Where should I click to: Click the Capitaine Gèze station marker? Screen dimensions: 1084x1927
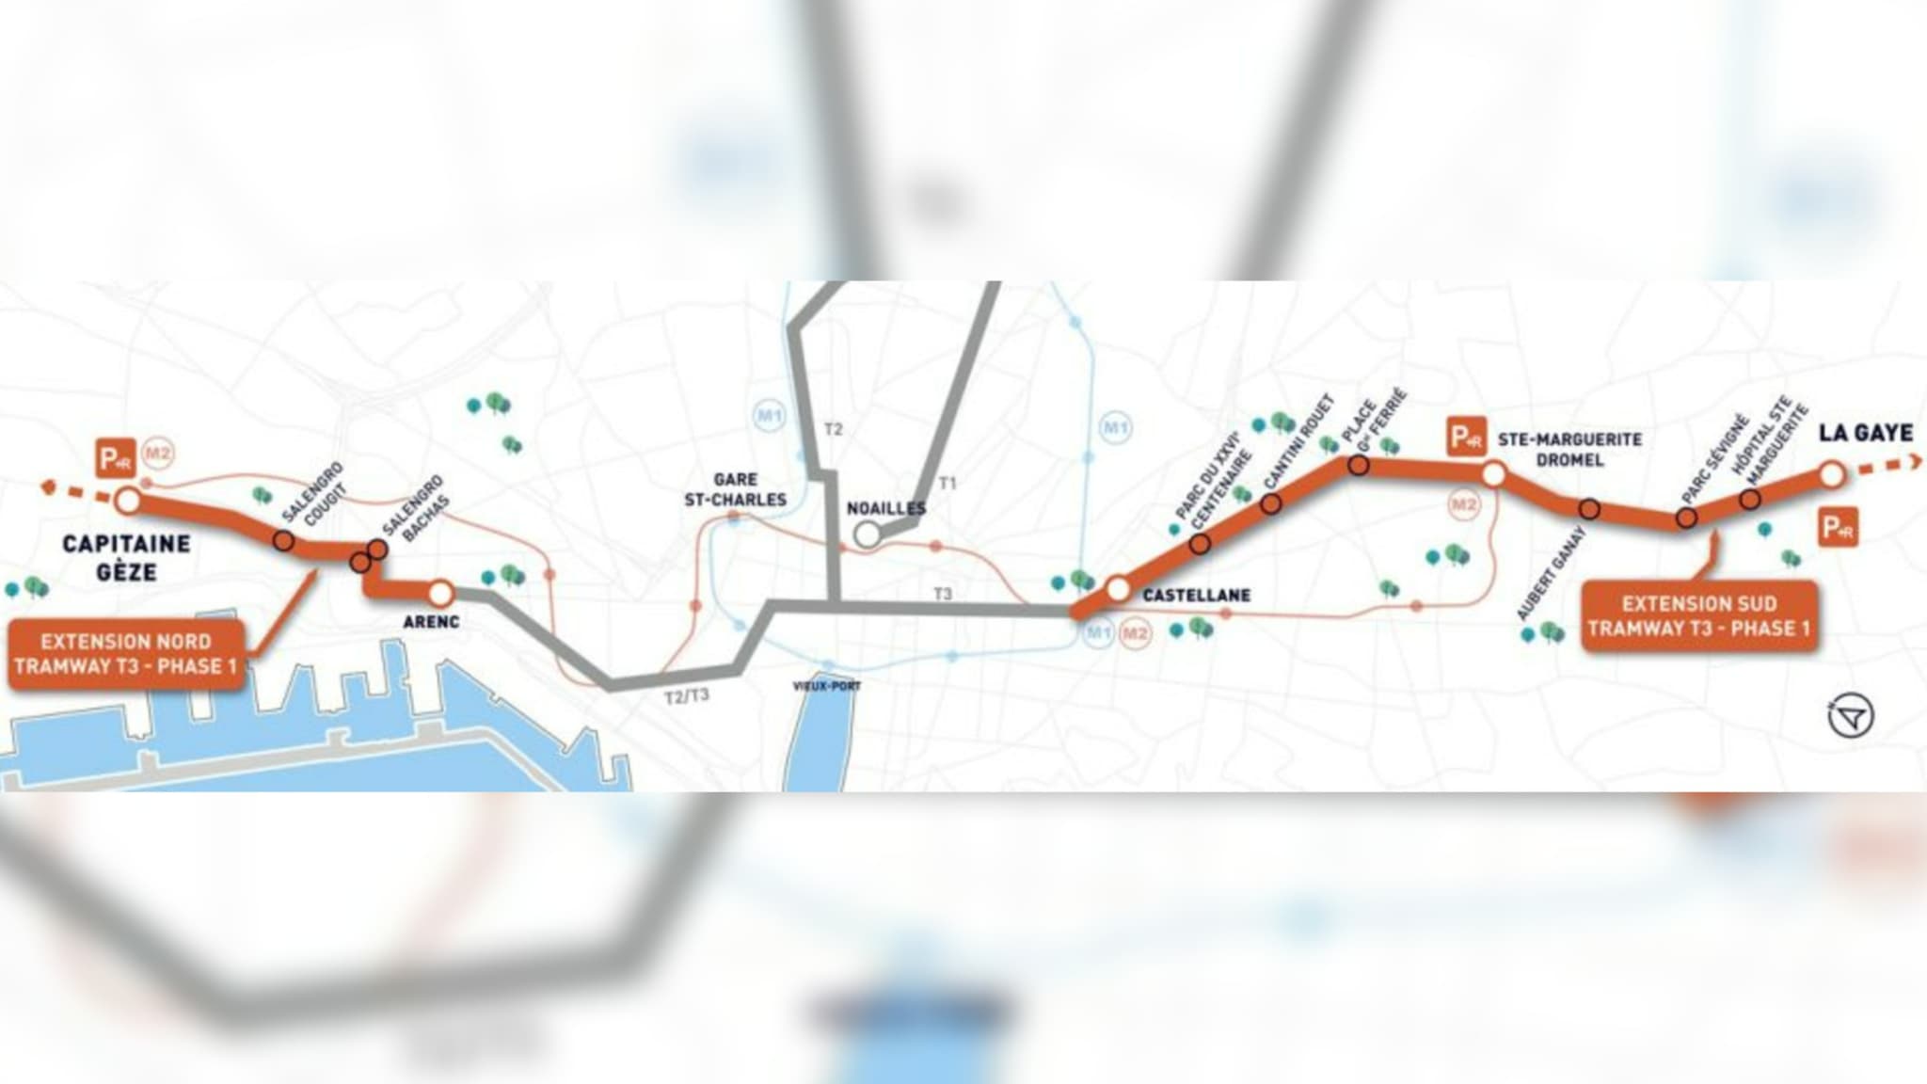coord(128,500)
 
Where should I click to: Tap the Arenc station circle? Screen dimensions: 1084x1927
coord(440,594)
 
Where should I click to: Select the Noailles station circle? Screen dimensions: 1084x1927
coord(867,534)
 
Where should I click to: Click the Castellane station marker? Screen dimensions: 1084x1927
coord(1118,589)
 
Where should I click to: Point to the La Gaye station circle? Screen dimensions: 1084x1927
coord(1831,474)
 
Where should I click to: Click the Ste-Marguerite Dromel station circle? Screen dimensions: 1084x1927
coord(1493,474)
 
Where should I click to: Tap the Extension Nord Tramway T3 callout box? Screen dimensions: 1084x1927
coord(125,654)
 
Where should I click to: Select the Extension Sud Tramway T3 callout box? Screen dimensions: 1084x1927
coord(1699,616)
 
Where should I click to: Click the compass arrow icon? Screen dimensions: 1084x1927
coord(1851,717)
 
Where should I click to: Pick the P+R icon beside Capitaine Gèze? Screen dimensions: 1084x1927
coord(116,458)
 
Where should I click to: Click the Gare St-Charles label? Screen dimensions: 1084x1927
coord(735,489)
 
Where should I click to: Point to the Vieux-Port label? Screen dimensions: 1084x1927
coord(826,686)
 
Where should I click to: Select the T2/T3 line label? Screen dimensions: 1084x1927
coord(687,696)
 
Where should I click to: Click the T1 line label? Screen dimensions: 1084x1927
coord(948,483)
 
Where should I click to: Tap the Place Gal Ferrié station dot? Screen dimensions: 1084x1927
coord(1359,464)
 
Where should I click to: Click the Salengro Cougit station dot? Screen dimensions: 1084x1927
coord(283,541)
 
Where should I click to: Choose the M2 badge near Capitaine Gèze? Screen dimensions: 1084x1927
coord(158,454)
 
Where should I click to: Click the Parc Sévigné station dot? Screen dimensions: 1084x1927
coord(1686,518)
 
